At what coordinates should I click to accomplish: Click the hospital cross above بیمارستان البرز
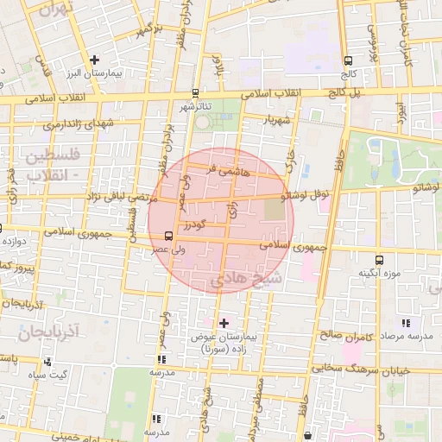(95, 60)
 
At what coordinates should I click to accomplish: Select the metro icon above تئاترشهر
(195, 93)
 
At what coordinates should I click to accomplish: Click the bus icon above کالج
(348, 61)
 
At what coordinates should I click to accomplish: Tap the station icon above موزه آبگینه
(379, 260)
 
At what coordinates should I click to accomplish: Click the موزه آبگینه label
(380, 274)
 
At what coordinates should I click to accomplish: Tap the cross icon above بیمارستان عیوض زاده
(224, 323)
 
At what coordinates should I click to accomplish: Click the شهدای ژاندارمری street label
(79, 124)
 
